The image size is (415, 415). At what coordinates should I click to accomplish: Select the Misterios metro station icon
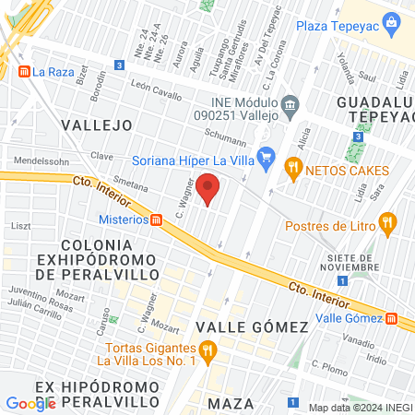[158, 220]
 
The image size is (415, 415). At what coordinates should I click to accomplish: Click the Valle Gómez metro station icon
[392, 319]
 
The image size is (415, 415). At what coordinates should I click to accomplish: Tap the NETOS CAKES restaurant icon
[293, 167]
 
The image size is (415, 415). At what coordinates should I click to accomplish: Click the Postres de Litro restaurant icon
[387, 221]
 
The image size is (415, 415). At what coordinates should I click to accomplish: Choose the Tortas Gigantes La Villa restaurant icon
[208, 350]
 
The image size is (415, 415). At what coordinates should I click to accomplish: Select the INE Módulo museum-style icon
[290, 104]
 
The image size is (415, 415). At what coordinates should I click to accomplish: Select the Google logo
[30, 403]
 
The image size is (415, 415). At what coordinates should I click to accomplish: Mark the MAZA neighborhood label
[231, 404]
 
